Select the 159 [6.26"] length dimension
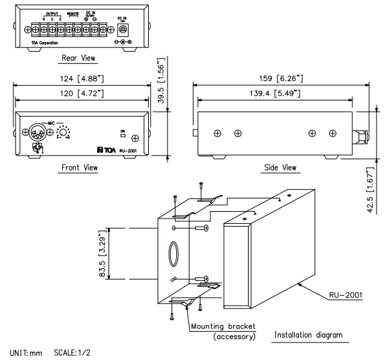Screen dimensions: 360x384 pyautogui.click(x=280, y=78)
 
